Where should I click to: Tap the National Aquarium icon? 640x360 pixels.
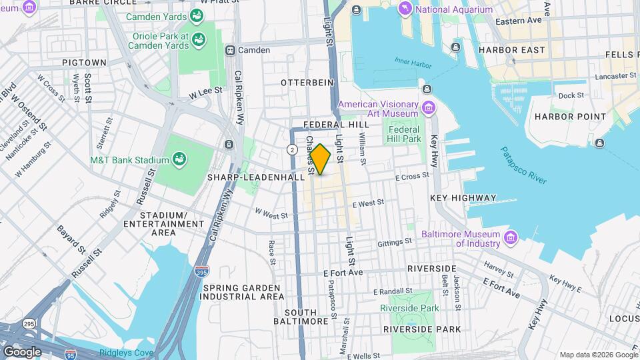coord(405,9)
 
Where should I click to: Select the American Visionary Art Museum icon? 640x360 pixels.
coord(429,107)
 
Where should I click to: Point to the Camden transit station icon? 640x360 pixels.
coord(230,50)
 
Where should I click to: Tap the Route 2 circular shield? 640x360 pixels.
coord(292,149)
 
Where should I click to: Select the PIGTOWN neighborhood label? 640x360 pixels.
coord(84,62)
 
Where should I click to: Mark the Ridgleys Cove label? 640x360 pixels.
coord(126,352)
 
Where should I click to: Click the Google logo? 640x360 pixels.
coord(21,351)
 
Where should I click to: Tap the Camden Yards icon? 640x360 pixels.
coord(197,15)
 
